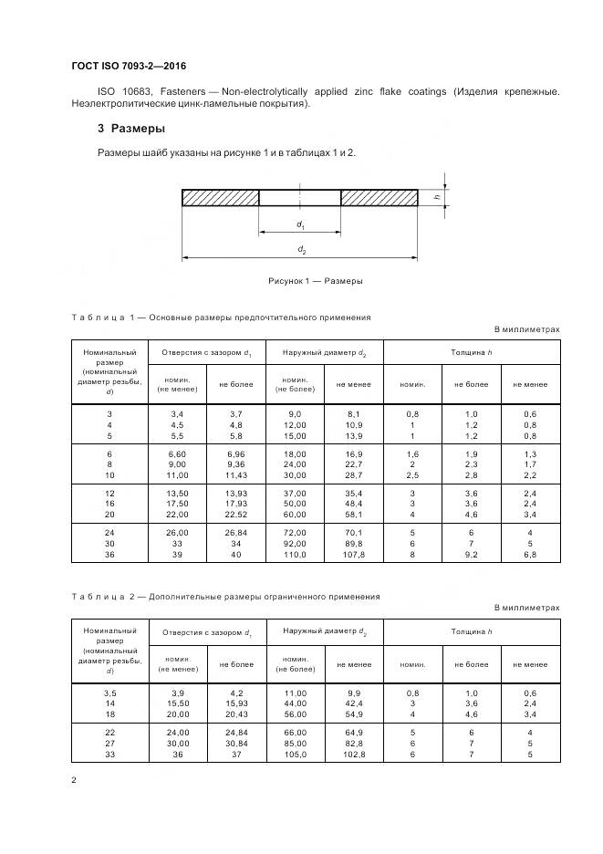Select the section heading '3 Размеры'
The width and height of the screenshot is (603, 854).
(x=131, y=129)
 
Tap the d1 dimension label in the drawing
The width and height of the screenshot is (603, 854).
(x=300, y=224)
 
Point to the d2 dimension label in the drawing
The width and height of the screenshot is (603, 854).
(x=300, y=249)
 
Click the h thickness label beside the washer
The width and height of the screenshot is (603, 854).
(x=437, y=196)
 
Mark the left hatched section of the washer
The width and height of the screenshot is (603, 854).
(x=221, y=197)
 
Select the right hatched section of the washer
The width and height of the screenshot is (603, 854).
(x=379, y=197)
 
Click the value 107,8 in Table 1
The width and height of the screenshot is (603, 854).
(x=353, y=554)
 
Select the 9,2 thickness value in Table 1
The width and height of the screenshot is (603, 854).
(x=471, y=554)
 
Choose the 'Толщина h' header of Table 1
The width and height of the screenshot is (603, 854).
(x=471, y=351)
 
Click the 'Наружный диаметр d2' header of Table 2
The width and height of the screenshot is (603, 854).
(x=324, y=631)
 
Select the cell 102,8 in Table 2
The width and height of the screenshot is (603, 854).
(x=353, y=755)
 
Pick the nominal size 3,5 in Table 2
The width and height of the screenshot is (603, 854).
(x=109, y=695)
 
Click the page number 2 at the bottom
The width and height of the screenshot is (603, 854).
(x=74, y=780)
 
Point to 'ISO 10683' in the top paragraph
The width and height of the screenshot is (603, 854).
(x=125, y=91)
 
